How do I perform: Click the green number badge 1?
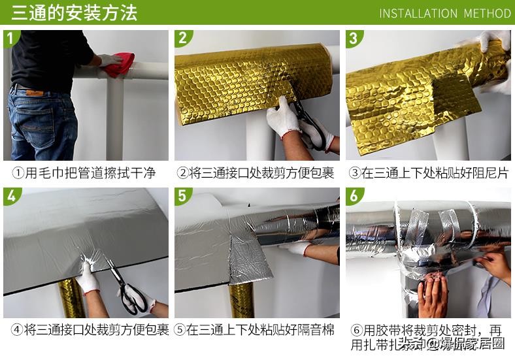click(x=11, y=38)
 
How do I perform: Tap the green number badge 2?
click(x=183, y=38)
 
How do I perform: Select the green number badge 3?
click(x=354, y=38)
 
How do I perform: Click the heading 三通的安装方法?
click(x=74, y=12)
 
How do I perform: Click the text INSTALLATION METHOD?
click(x=444, y=13)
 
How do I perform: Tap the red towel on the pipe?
click(x=121, y=64)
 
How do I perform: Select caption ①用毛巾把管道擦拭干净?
click(x=85, y=173)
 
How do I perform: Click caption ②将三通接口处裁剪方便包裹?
click(x=256, y=173)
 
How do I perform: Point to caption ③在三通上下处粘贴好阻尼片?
click(x=427, y=173)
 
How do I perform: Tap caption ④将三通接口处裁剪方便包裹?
click(x=85, y=330)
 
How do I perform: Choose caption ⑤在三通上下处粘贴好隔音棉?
click(x=256, y=330)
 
